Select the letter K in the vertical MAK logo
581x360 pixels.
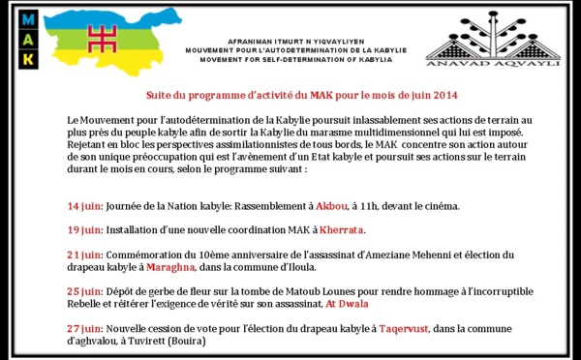click(27, 59)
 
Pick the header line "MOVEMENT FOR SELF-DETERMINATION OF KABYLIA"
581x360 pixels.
click(296, 59)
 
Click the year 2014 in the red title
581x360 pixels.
click(436, 95)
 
